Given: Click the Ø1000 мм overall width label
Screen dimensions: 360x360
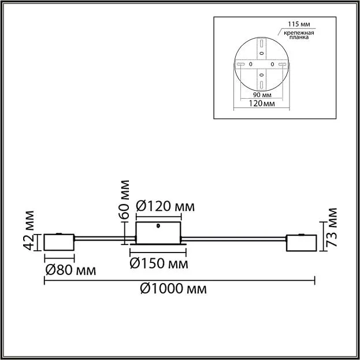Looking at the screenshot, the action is coord(173,288).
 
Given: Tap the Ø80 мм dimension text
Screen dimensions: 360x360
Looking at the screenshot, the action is coord(70,270).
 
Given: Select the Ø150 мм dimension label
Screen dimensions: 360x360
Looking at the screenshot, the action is coord(159,263).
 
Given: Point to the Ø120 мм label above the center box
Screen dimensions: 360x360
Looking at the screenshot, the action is coord(165,206).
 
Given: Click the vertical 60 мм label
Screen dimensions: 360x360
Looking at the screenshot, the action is coord(124,199).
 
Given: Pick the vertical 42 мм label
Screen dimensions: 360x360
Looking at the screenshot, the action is coord(29,231).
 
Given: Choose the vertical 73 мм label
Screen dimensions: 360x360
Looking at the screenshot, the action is coord(332,227).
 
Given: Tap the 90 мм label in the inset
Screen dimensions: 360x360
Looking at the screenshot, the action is coord(262,95).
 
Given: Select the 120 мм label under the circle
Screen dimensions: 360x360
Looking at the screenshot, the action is coord(262,103).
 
